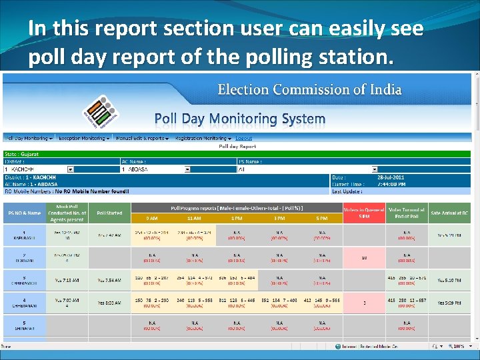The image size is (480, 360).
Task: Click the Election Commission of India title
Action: click(309, 89)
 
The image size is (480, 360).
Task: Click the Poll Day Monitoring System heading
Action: click(240, 119)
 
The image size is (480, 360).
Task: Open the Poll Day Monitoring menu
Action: click(28, 138)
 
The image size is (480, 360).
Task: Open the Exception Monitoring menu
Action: click(84, 138)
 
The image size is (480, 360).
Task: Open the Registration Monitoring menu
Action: click(199, 138)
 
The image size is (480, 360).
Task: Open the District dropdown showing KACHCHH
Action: click(60, 169)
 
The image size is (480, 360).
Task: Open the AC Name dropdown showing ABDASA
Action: click(177, 169)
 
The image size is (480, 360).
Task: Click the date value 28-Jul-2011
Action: click(391, 177)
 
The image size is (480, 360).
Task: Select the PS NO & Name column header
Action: click(24, 213)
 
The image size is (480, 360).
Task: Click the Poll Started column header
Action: click(109, 213)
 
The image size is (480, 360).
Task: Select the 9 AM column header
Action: click(152, 218)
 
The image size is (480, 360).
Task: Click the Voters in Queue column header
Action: click(363, 213)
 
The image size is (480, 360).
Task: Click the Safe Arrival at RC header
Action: click(449, 213)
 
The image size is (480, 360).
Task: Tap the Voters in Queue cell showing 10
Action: click(364, 257)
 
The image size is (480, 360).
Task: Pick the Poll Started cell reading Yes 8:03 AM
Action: click(109, 303)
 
